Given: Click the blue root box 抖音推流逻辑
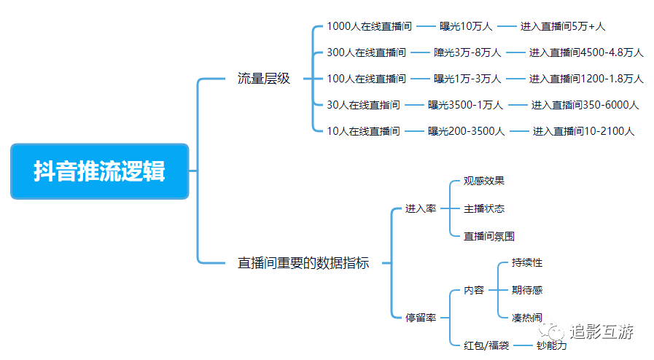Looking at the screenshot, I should pyautogui.click(x=99, y=171).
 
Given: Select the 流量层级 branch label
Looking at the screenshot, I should pyautogui.click(x=263, y=79).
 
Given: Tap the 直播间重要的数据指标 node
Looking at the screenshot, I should pyautogui.click(x=303, y=263).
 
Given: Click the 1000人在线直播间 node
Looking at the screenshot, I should pyautogui.click(x=369, y=26).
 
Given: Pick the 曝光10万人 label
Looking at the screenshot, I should pyautogui.click(x=466, y=26).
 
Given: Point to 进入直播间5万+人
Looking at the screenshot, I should pyautogui.click(x=562, y=26).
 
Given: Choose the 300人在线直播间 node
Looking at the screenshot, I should pyautogui.click(x=366, y=52).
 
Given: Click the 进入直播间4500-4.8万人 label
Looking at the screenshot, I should pyautogui.click(x=586, y=52).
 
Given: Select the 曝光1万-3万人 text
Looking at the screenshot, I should pyautogui.click(x=467, y=79).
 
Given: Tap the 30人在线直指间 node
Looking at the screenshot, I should pyautogui.click(x=363, y=105).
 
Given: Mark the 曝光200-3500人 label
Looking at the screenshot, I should pyautogui.click(x=466, y=131).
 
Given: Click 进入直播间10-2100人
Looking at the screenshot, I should pyautogui.click(x=583, y=131).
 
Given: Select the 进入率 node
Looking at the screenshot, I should pyautogui.click(x=421, y=208).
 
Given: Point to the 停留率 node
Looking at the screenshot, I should pyautogui.click(x=421, y=317).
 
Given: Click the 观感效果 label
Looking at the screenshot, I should pyautogui.click(x=484, y=181).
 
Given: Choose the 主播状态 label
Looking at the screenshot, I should pyautogui.click(x=484, y=208).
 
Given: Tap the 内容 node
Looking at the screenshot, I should pyautogui.click(x=474, y=290).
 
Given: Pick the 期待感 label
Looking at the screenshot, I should pyautogui.click(x=527, y=290).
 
